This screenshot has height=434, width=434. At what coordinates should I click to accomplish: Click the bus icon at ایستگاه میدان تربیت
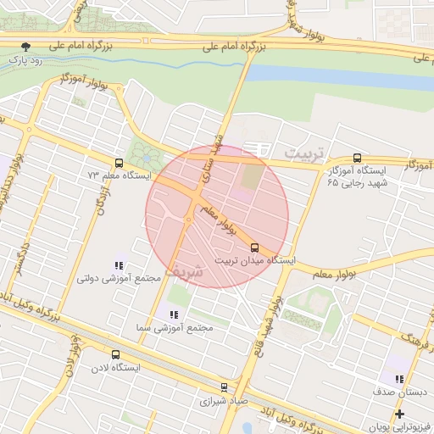pyautogui.click(x=254, y=248)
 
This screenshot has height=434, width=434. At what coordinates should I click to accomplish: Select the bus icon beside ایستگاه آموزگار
pyautogui.click(x=356, y=158)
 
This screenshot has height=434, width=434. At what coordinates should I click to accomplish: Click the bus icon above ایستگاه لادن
pyautogui.click(x=115, y=355)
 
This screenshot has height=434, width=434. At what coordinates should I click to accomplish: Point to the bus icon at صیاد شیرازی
pyautogui.click(x=224, y=387)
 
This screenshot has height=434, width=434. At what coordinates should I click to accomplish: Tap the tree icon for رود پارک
pyautogui.click(x=29, y=47)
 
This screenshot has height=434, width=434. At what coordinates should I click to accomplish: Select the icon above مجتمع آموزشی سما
pyautogui.click(x=173, y=314)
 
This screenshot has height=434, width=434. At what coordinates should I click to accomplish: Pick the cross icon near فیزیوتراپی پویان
pyautogui.click(x=399, y=415)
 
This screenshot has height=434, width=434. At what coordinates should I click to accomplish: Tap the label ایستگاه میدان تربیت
pyautogui.click(x=254, y=261)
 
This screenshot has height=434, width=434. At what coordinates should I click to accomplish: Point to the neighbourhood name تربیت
pyautogui.click(x=304, y=153)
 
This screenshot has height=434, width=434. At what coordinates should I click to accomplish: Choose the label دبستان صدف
pyautogui.click(x=398, y=394)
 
